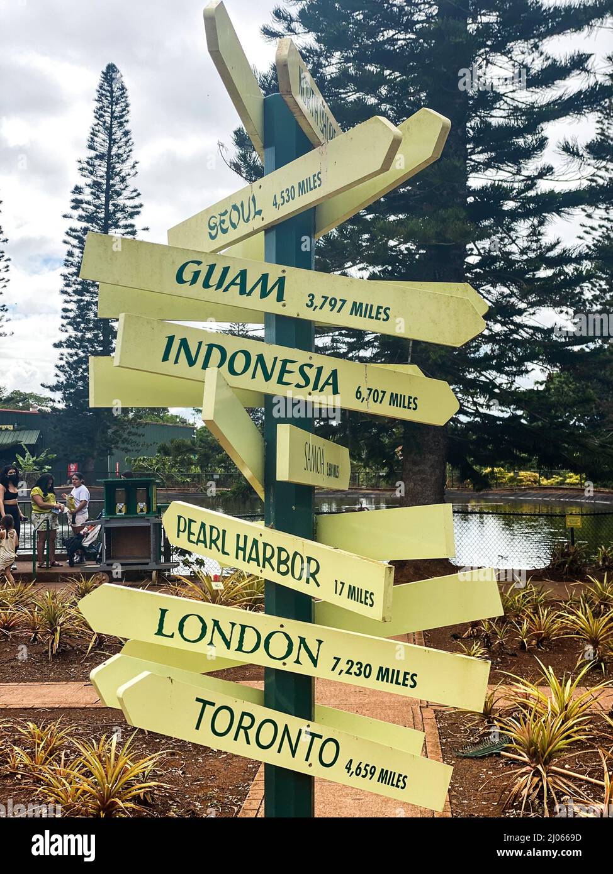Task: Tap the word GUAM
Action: (x=230, y=280)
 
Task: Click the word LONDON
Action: (x=239, y=638)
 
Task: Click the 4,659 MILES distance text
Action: (x=376, y=773)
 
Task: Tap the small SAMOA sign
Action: (x=313, y=457)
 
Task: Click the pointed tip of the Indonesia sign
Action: (x=456, y=401)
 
